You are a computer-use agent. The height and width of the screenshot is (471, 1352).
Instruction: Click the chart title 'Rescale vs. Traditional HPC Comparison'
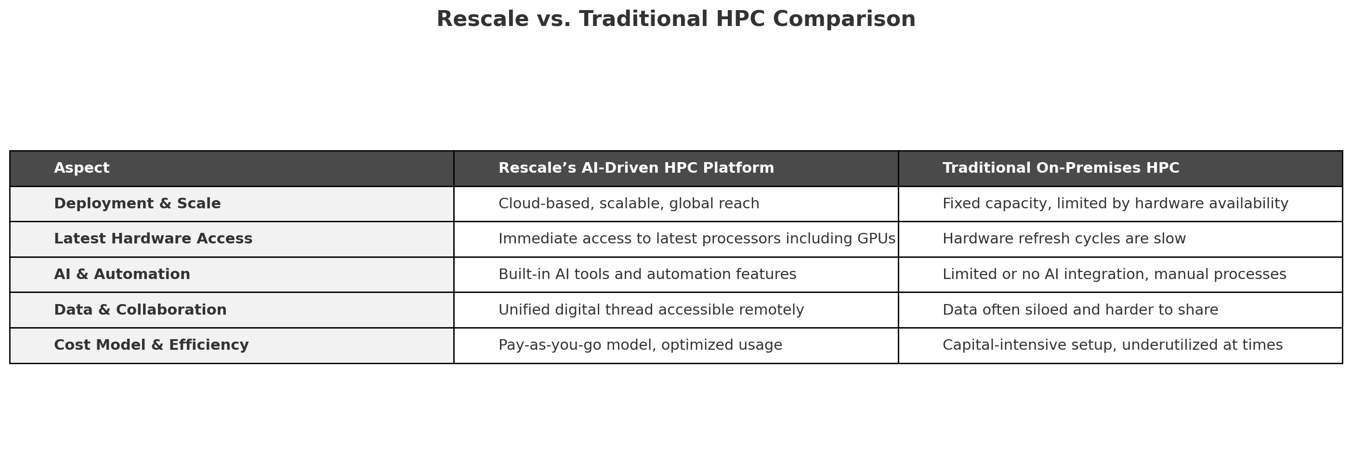point(676,19)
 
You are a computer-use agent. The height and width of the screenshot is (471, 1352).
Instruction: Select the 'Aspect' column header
point(82,168)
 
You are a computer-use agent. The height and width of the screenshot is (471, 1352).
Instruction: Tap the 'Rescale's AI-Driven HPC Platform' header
point(636,168)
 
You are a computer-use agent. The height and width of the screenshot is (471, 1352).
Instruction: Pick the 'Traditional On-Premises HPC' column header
point(1061,168)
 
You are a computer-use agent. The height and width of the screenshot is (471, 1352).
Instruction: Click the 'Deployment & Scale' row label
point(137,204)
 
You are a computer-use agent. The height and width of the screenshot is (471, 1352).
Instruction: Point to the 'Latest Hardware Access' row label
point(153,239)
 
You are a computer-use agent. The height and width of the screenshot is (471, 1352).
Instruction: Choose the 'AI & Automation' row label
point(122,274)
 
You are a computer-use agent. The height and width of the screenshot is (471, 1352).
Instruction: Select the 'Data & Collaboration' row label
point(141,309)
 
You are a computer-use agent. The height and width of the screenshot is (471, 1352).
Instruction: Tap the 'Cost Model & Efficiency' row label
point(152,345)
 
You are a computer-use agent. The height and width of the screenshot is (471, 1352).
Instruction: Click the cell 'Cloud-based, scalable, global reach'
point(629,204)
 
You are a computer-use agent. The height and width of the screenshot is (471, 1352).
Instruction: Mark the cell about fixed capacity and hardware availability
point(1116,204)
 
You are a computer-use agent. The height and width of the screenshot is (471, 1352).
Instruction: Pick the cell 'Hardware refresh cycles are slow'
point(1064,239)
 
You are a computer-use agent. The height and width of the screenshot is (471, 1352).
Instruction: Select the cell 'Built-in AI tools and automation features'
point(647,274)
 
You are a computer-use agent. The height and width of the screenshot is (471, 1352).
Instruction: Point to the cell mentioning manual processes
point(1114,274)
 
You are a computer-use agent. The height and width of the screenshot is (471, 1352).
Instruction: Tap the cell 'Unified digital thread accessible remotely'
point(651,309)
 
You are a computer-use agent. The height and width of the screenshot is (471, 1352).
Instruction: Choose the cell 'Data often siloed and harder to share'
point(1080,309)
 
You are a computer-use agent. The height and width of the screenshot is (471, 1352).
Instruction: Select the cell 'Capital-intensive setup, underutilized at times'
point(1113,345)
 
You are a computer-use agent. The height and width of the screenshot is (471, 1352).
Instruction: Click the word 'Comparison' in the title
point(844,19)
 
